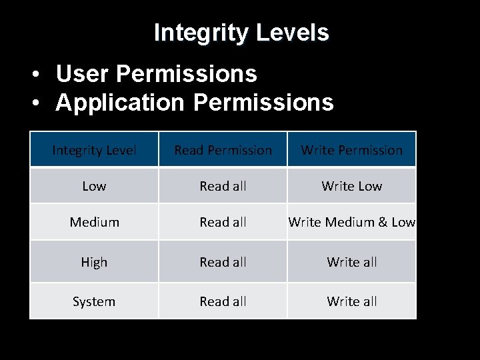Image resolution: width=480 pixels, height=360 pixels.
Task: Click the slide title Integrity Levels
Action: (x=241, y=32)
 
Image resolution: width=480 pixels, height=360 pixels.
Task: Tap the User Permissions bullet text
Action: (x=156, y=74)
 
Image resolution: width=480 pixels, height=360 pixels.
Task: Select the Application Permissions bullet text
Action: (x=195, y=102)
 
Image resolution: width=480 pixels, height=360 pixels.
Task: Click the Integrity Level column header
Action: (x=94, y=150)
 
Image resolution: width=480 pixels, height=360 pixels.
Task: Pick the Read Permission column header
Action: (x=223, y=150)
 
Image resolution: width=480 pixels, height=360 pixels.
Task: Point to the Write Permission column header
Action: (x=351, y=150)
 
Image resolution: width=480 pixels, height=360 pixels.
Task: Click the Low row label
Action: (x=94, y=186)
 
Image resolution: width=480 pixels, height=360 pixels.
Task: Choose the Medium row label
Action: (x=94, y=222)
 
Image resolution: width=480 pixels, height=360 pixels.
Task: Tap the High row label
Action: (x=94, y=262)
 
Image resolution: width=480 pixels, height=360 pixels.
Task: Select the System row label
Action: (x=94, y=301)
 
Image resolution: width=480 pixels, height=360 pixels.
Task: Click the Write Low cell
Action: (x=351, y=186)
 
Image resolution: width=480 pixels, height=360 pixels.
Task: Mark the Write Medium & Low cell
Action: (x=351, y=222)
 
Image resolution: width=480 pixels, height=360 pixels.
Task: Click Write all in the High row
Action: (x=351, y=262)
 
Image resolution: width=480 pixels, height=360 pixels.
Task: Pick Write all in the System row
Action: (x=351, y=301)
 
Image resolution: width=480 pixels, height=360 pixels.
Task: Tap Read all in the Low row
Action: (x=223, y=186)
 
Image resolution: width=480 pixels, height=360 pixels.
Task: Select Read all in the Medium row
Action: (x=223, y=222)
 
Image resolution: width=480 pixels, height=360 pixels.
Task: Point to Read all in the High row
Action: (x=223, y=262)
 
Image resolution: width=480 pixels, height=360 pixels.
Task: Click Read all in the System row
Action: (x=223, y=301)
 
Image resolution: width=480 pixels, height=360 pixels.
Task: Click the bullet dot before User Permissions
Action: (x=41, y=75)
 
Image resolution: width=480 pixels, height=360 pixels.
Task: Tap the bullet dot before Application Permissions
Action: (x=41, y=103)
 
